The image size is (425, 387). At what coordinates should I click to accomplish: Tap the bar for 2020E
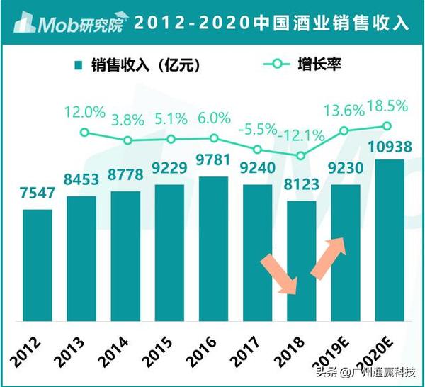click(389, 241)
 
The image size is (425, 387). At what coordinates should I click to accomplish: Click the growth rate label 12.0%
click(84, 113)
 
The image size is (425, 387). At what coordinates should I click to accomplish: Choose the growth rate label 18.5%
click(387, 107)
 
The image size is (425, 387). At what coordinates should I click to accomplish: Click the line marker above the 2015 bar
click(171, 138)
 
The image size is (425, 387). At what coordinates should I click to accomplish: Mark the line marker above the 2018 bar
click(301, 155)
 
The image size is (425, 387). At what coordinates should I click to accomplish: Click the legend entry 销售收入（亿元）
click(135, 65)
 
